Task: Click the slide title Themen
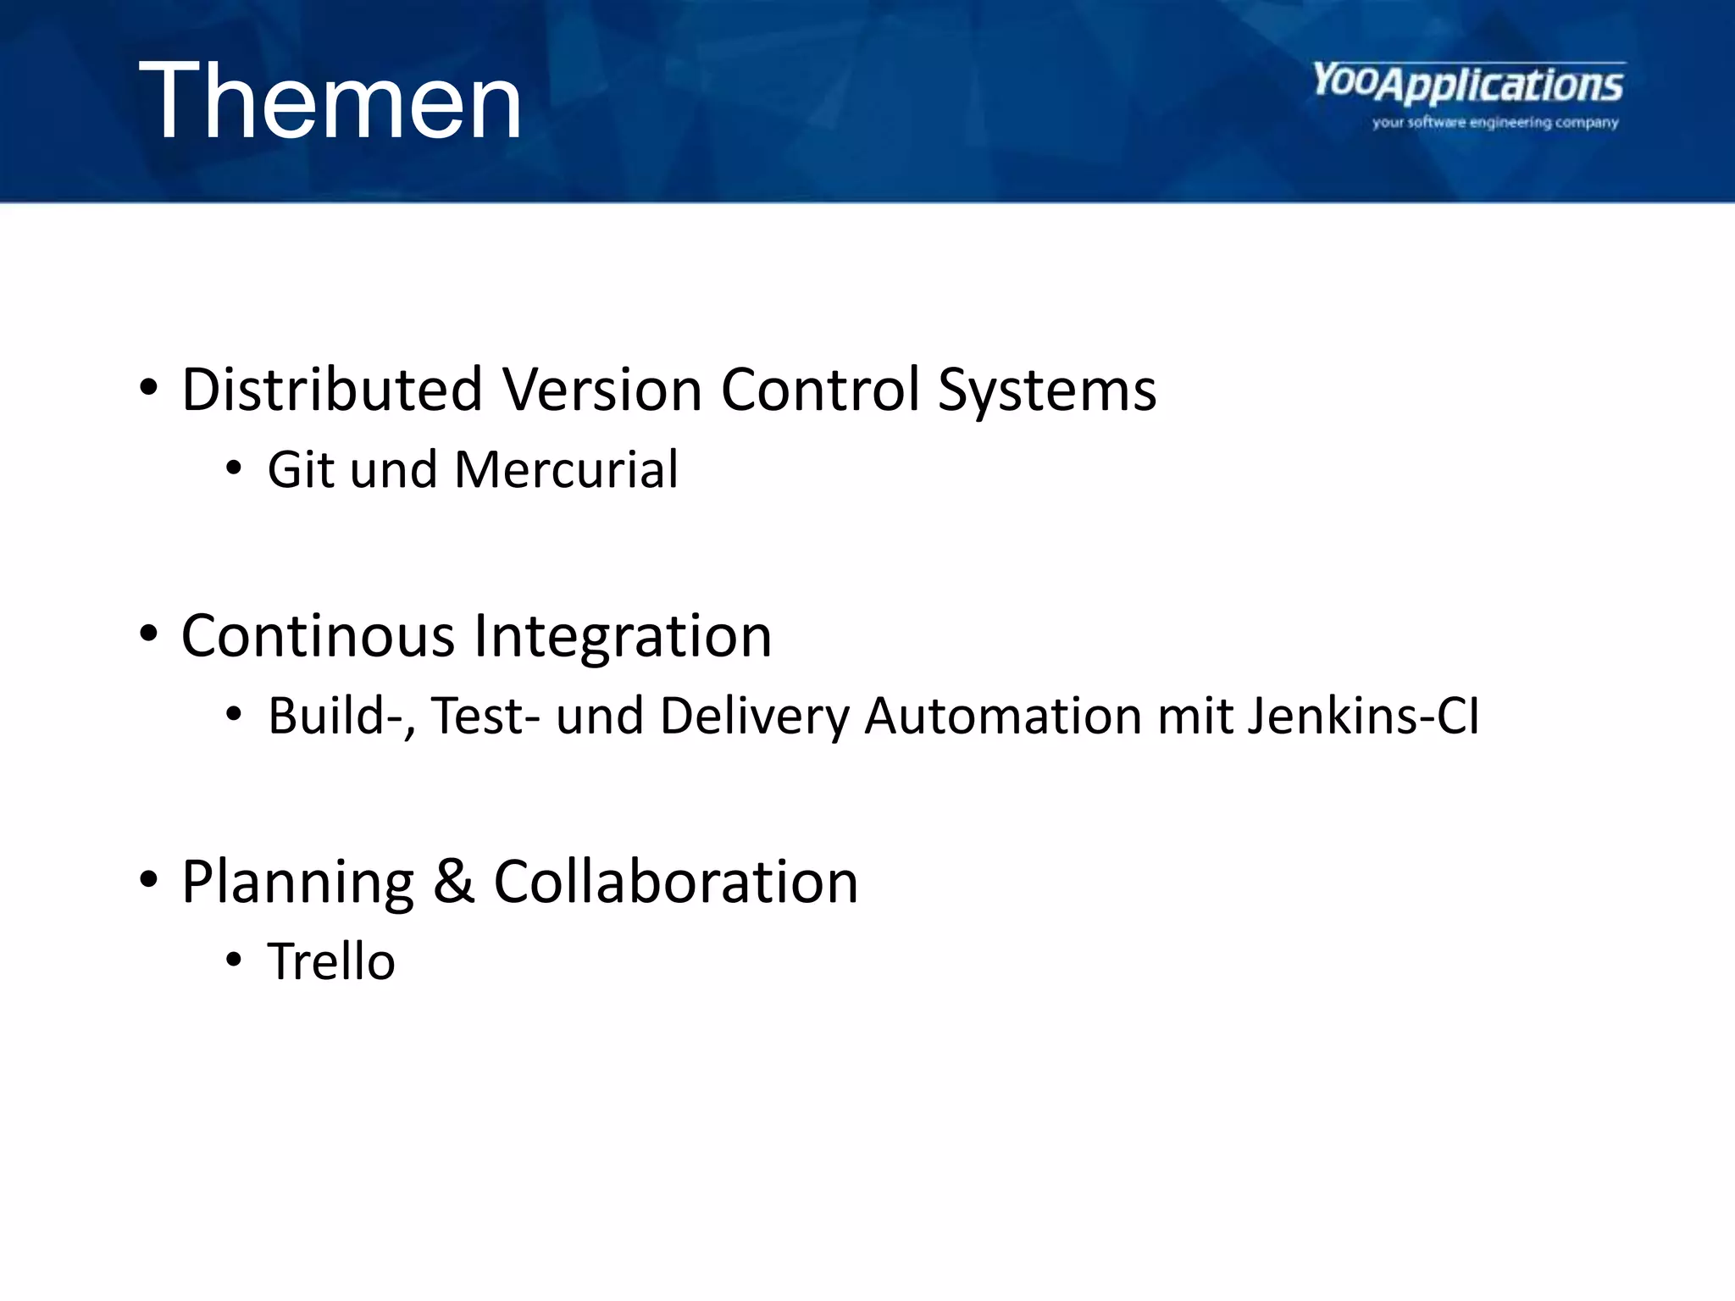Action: tap(330, 102)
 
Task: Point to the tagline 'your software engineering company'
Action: tap(1495, 123)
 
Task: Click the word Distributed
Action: tap(332, 390)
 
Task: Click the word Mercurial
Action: tap(566, 469)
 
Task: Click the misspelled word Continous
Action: tap(318, 636)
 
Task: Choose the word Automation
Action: tap(1003, 717)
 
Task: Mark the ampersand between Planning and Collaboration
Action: tap(453, 882)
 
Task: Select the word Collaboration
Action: tap(675, 882)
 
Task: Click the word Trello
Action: tap(331, 961)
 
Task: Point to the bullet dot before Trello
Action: tap(234, 961)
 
